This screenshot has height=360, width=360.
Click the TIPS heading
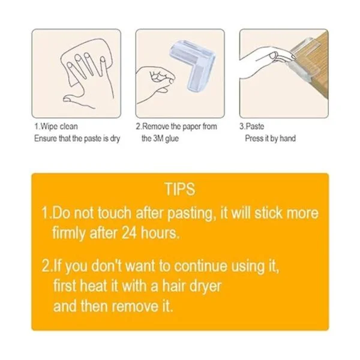pyautogui.click(x=180, y=189)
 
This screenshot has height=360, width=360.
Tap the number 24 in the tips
pyautogui.click(x=129, y=233)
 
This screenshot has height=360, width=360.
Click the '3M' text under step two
pyautogui.click(x=158, y=139)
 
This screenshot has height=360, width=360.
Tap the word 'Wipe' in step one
pyautogui.click(x=47, y=127)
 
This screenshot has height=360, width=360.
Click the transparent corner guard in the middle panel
pyautogui.click(x=193, y=65)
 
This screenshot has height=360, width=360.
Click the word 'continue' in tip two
pyautogui.click(x=200, y=266)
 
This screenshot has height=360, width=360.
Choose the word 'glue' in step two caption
pyautogui.click(x=172, y=139)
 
